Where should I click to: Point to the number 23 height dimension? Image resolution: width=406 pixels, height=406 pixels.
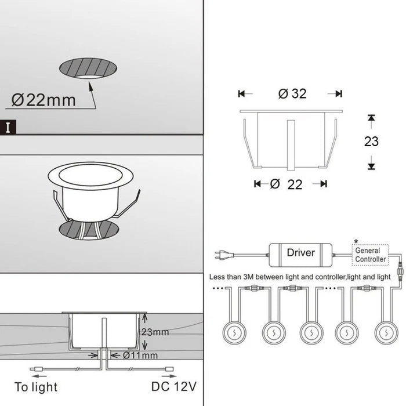tap(371, 142)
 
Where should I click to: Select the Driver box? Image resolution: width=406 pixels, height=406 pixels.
tap(300, 253)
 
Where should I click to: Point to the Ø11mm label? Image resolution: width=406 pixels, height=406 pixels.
tap(141, 354)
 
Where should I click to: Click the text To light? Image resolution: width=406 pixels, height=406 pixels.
tap(35, 387)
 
